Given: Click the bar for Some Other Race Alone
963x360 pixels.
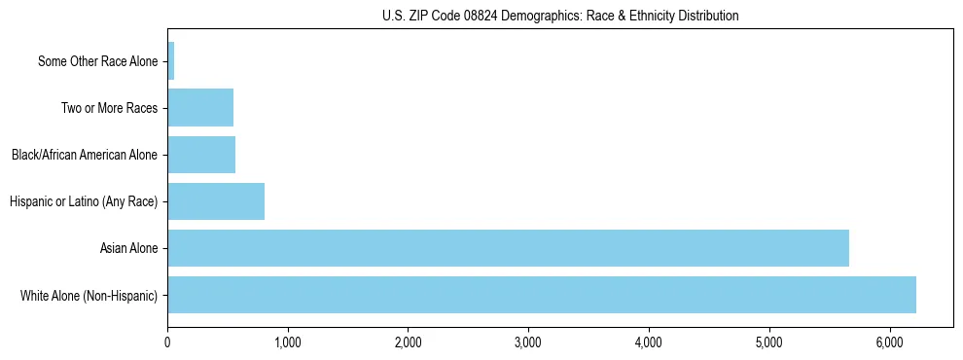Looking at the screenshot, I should tap(171, 61).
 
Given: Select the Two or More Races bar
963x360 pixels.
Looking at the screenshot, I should tap(200, 108).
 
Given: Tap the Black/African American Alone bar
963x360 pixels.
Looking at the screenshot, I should tap(201, 155).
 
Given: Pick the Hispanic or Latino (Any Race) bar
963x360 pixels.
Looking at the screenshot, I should tap(216, 201).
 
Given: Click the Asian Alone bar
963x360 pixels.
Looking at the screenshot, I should tap(508, 248).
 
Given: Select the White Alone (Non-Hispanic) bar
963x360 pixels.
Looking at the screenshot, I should tap(542, 295).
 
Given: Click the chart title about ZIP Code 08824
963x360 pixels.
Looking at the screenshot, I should tap(560, 16).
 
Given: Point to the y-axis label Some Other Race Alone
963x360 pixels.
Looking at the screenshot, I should tap(97, 61).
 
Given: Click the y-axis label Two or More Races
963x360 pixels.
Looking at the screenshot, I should tap(109, 108).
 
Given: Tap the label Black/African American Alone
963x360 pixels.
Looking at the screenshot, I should tap(85, 155).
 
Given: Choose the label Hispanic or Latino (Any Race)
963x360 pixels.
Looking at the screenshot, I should tap(84, 201).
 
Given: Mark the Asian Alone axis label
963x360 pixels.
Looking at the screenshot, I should tap(129, 248).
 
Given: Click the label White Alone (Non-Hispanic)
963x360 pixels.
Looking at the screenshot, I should tap(89, 295).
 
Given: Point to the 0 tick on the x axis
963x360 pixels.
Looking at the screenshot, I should tap(167, 342).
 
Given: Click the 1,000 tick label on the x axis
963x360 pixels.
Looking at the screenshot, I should tap(288, 342).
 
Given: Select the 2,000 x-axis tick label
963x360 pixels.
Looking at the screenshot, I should tap(408, 342).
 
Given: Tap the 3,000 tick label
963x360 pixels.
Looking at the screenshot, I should tap(528, 342).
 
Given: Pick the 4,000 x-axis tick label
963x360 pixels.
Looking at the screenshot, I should tap(649, 342).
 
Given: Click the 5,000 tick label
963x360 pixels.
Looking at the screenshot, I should tap(768, 342).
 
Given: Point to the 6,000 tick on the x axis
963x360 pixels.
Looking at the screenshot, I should tap(889, 342).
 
